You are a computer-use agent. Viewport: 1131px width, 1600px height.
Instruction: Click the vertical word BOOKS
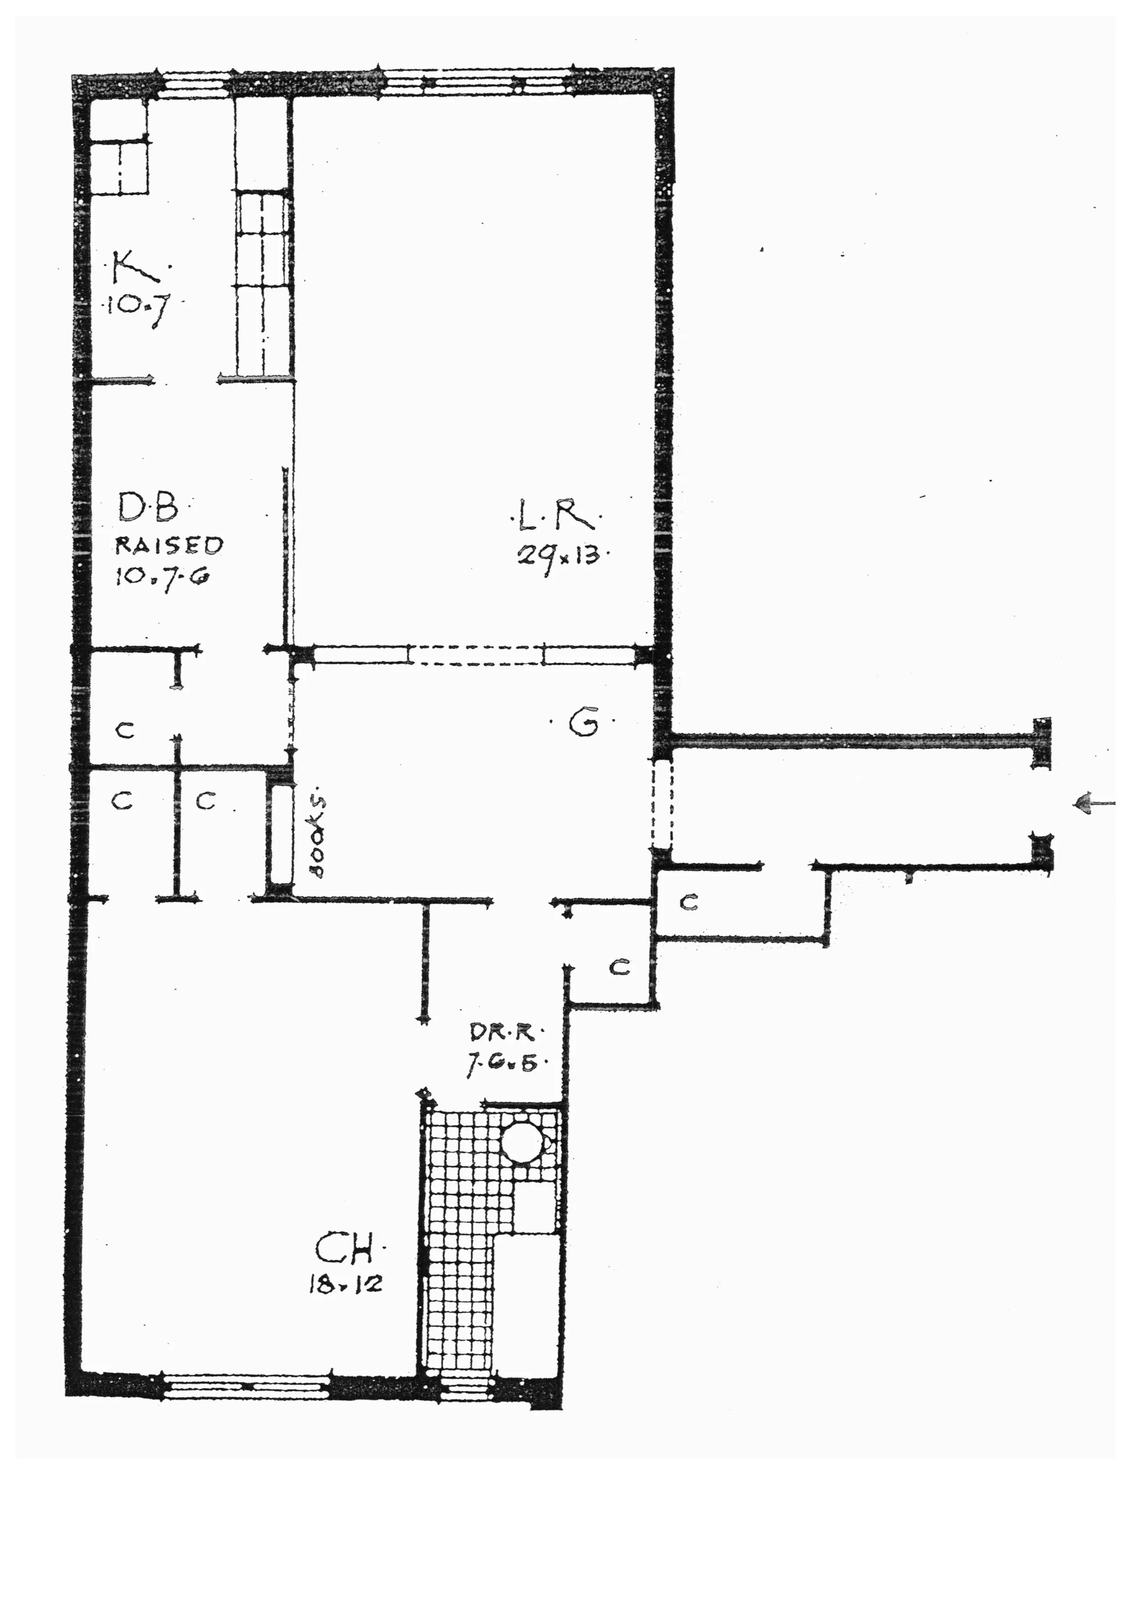click(x=317, y=836)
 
